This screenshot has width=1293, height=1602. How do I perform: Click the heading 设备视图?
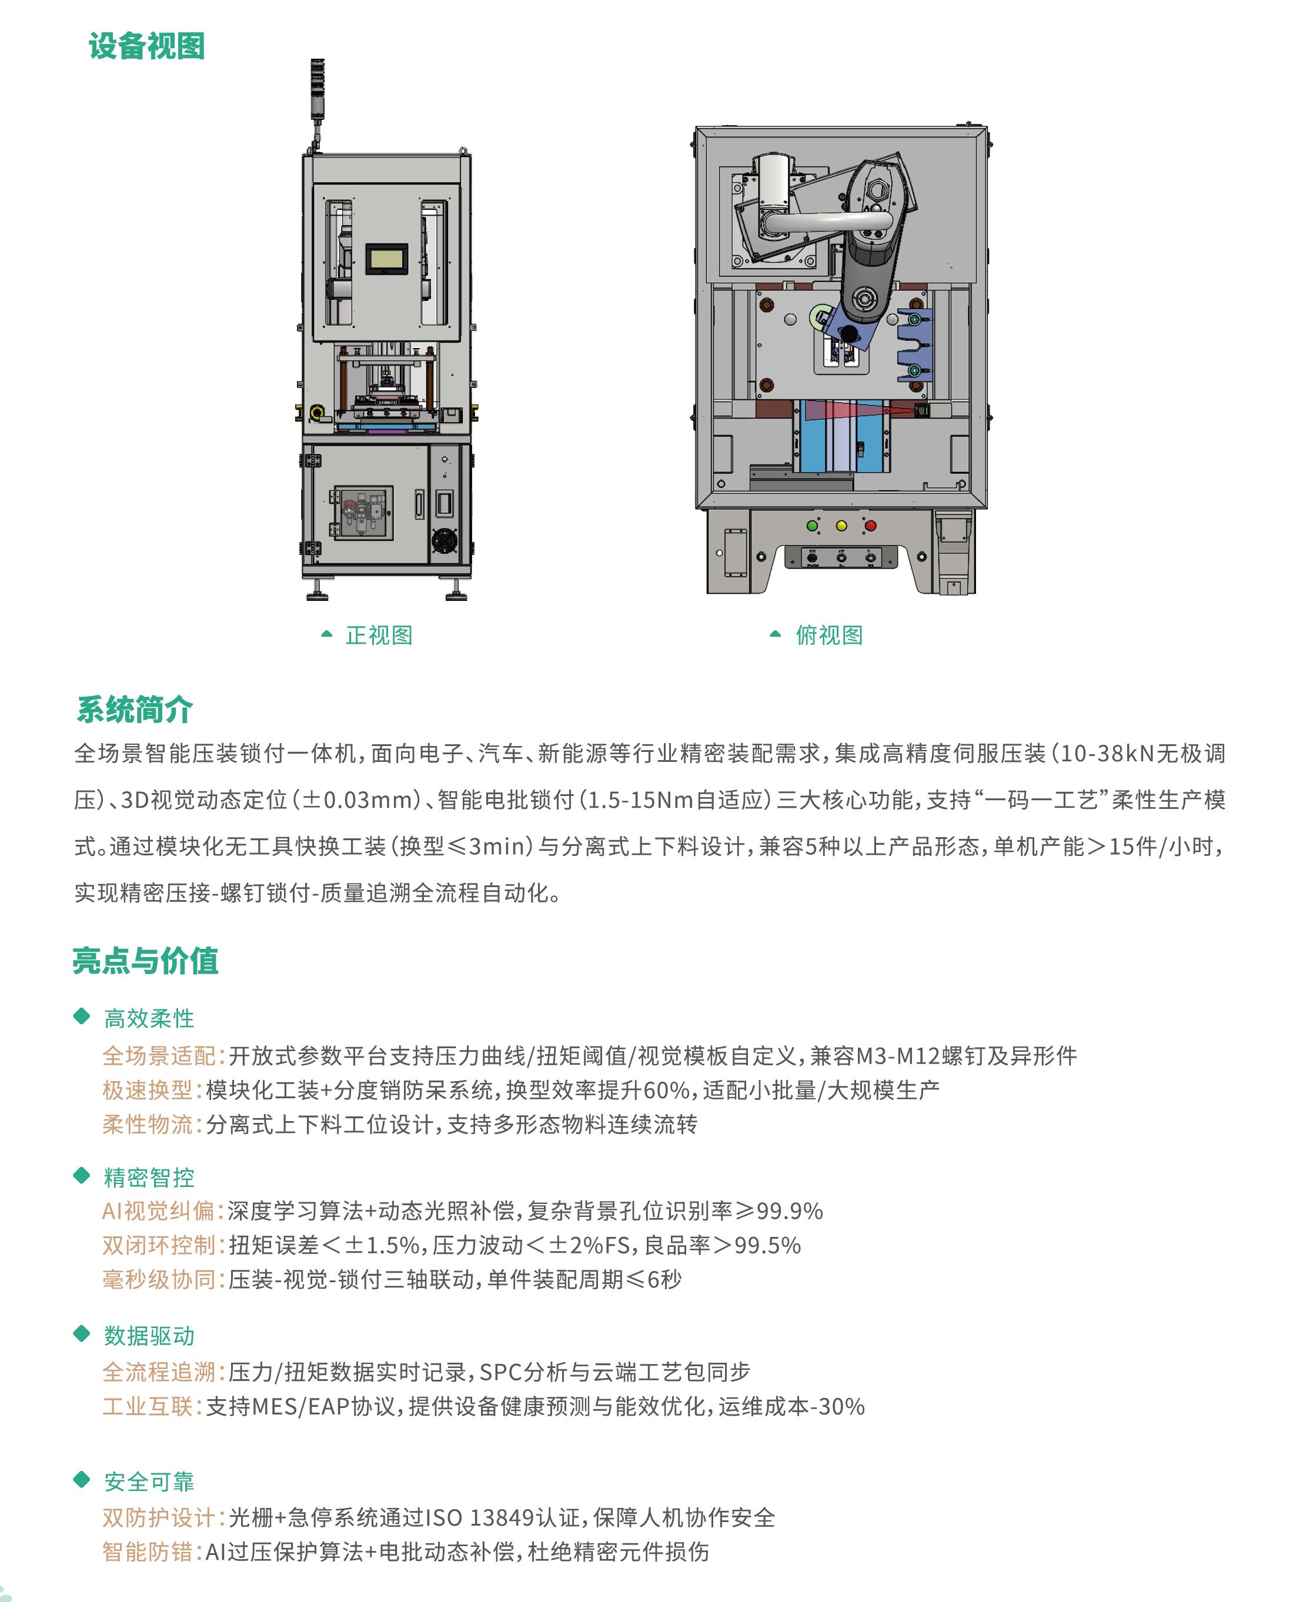(147, 46)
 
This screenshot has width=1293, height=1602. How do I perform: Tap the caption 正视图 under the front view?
(379, 636)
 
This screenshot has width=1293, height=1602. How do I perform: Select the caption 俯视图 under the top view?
(829, 636)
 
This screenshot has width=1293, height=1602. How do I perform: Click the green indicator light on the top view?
(813, 526)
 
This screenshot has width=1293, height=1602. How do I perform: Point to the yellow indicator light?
(841, 526)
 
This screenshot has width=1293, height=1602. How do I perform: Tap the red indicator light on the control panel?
(871, 526)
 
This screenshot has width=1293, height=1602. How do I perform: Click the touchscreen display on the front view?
(386, 259)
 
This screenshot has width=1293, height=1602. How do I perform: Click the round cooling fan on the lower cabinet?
(445, 540)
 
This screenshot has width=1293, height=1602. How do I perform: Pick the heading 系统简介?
(135, 709)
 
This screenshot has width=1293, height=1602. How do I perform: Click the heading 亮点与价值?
(145, 961)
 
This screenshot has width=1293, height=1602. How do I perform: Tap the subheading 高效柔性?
(149, 1018)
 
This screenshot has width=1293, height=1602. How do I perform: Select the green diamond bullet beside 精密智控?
(82, 1176)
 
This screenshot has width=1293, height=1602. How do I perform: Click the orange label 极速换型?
(148, 1091)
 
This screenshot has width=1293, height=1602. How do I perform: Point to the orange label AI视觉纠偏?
(159, 1211)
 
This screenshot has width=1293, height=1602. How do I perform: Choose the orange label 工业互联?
(148, 1406)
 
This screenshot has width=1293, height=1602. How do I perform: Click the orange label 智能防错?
(148, 1551)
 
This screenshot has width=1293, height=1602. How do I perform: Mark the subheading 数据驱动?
(149, 1335)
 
